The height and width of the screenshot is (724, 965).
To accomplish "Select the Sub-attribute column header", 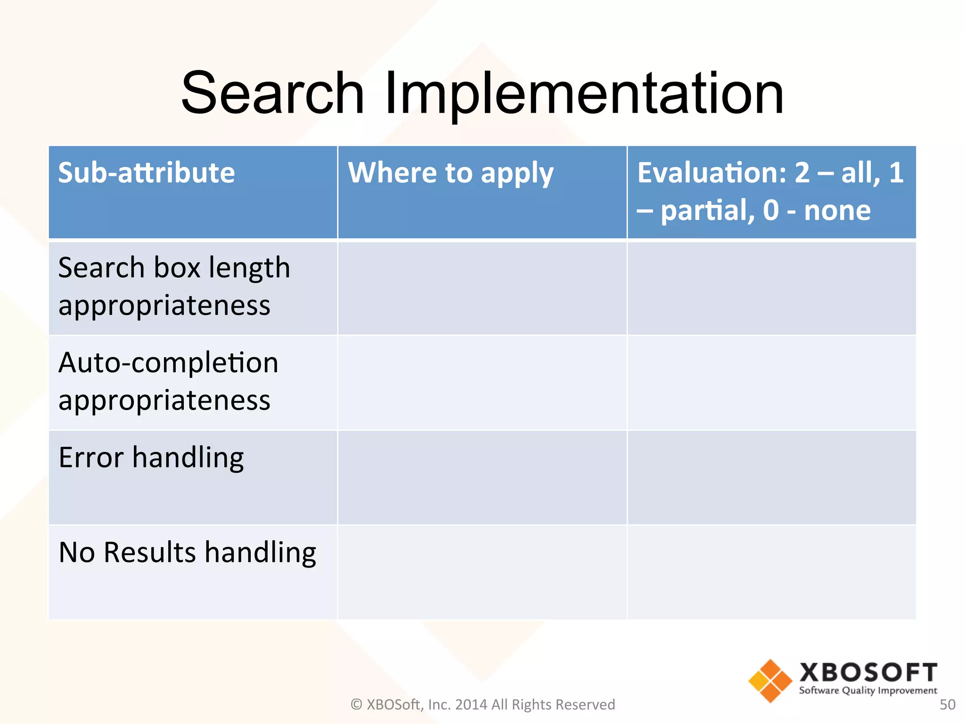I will click(146, 173).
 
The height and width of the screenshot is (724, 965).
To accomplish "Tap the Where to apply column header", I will click(450, 173).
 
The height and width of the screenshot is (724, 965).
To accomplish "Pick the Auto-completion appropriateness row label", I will click(168, 381).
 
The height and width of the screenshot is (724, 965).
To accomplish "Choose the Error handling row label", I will click(151, 457).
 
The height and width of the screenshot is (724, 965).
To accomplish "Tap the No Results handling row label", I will click(187, 552).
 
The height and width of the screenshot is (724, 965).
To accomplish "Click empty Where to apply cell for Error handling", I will click(482, 477).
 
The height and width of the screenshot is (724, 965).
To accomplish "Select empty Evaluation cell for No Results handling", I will click(771, 572).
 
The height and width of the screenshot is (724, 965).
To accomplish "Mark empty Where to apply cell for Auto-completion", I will click(482, 382).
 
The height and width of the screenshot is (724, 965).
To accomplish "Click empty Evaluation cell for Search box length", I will click(771, 288).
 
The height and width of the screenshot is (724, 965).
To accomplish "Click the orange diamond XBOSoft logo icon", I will click(770, 681).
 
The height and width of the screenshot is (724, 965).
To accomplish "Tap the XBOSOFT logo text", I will click(868, 672).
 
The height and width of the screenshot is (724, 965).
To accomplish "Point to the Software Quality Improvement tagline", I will click(868, 691).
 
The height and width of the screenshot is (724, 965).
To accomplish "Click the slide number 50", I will click(947, 705).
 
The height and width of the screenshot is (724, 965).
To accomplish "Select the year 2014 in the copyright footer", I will click(471, 705).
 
